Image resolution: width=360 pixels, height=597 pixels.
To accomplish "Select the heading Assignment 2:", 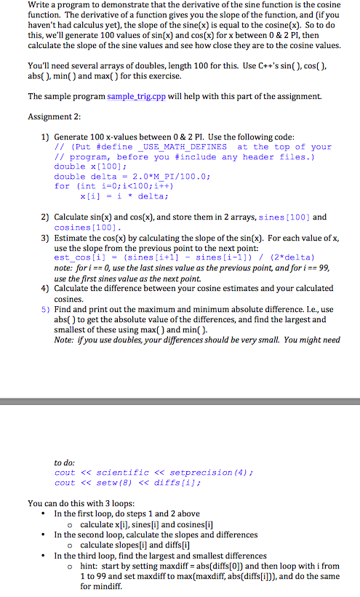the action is (54, 116).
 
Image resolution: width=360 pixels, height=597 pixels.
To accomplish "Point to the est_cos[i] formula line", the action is (175, 257).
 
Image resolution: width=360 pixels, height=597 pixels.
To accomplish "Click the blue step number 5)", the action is (45, 309).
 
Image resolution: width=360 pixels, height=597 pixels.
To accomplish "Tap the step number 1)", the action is (45, 137).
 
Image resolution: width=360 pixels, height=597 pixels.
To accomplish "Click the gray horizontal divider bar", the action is (180, 401).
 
